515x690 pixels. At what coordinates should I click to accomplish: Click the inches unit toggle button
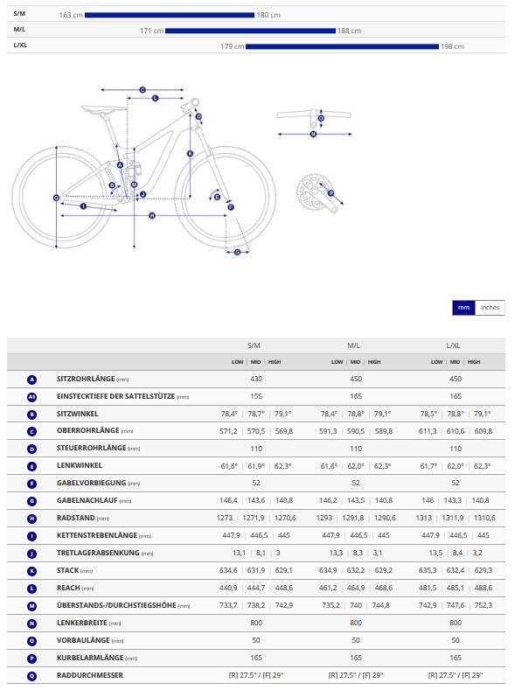[490, 308]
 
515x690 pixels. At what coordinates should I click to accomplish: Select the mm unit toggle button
[463, 308]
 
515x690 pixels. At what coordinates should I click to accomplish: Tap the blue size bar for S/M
[170, 15]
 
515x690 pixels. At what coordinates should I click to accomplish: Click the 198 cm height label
[453, 46]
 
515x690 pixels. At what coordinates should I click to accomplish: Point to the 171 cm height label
[152, 31]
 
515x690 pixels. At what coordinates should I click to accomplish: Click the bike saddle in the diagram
[103, 108]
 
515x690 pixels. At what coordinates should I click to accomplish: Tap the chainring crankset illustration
[317, 192]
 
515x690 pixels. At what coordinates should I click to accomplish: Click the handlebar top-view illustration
[314, 116]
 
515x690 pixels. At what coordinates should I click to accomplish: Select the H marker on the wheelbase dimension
[152, 216]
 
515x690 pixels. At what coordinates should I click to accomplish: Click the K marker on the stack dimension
[190, 154]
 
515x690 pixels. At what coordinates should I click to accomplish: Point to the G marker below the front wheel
[238, 252]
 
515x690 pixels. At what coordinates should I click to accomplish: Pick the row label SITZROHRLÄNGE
[86, 379]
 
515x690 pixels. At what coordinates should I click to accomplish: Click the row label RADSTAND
[76, 518]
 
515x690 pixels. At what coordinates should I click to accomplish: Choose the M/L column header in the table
[354, 345]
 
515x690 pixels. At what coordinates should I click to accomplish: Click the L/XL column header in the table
[454, 345]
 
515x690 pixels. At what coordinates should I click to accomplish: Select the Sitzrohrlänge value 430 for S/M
[256, 379]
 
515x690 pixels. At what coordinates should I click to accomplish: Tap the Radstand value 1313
[424, 518]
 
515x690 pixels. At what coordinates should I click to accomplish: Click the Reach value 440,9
[228, 588]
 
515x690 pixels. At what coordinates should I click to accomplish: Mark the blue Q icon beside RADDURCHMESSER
[31, 676]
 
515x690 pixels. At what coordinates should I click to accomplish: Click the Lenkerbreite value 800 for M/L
[356, 623]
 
